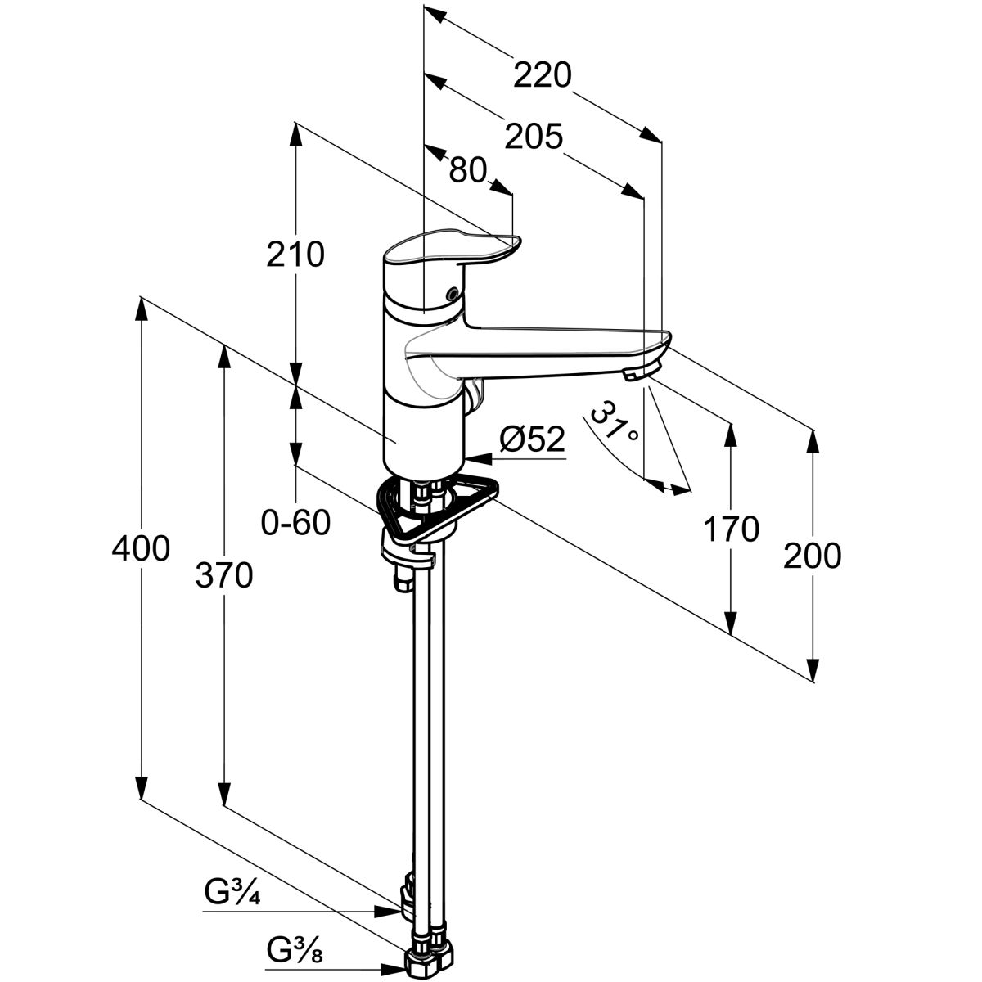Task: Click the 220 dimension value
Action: point(542,75)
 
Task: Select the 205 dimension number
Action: point(533,136)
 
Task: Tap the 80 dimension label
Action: point(468,169)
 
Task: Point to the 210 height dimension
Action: point(295,255)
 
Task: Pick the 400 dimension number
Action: point(141,549)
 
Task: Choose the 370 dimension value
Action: point(223,577)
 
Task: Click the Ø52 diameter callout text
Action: point(533,440)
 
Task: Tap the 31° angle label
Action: point(615,422)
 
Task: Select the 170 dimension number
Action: point(731,529)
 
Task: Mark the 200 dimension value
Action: point(812,556)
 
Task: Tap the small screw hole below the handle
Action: point(449,294)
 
